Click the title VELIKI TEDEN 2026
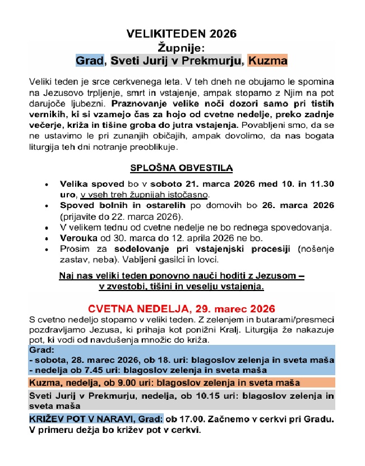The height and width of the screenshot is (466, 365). coord(182,34)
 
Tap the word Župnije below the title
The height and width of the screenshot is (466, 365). coord(182,47)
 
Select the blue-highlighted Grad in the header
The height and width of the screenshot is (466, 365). coord(90,59)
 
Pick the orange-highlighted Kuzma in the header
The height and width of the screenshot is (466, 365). coord(268,59)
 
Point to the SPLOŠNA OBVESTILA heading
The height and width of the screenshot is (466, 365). coord(182,168)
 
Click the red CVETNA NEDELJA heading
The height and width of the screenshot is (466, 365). coord(182,308)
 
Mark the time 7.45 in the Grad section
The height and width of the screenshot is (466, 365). coord(89,370)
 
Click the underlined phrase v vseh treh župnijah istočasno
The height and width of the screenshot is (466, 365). coord(145,195)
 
